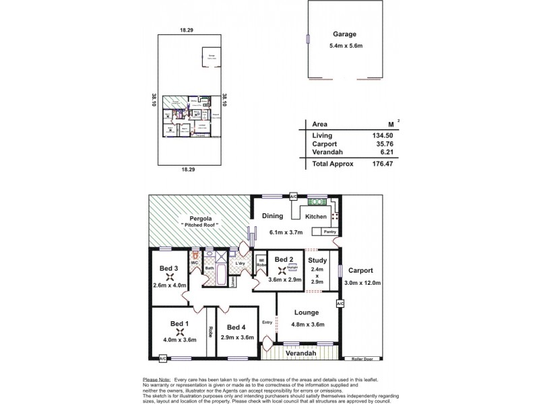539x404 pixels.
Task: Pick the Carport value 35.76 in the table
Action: coord(382,143)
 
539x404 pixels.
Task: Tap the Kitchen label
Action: coord(316,217)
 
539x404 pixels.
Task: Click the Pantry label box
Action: coord(329,232)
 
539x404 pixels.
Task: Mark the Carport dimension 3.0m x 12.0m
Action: coord(362,283)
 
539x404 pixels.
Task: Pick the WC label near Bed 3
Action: coord(194,263)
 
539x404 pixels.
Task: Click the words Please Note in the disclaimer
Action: coord(156,380)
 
